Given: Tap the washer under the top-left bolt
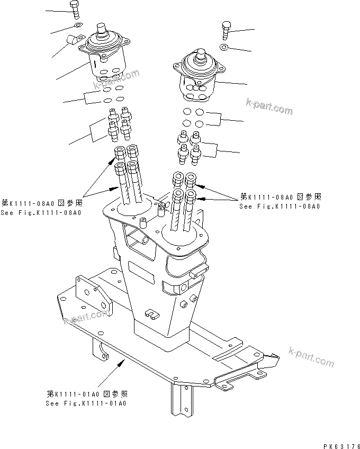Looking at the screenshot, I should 77,24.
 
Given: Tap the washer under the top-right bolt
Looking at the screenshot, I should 225,48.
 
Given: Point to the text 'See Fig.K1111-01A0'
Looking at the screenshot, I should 86,403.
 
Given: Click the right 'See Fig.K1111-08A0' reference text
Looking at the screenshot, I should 280,206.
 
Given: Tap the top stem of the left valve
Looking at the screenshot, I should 101,28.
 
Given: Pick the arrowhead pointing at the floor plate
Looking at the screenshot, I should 122,362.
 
